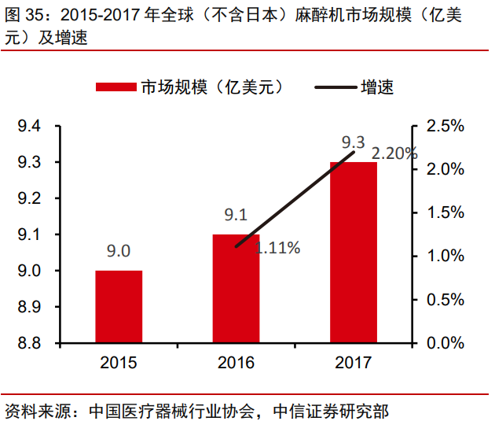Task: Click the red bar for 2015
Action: point(119,307)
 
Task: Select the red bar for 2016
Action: point(236,289)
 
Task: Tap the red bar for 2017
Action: point(353,253)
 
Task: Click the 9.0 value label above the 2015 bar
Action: point(119,251)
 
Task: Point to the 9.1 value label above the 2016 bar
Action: point(236,215)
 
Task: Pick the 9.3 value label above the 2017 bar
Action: point(353,142)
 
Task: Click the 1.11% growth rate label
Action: point(276,249)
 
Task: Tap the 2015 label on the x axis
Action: point(119,363)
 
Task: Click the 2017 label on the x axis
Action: point(353,363)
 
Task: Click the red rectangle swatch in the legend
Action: point(116,87)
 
